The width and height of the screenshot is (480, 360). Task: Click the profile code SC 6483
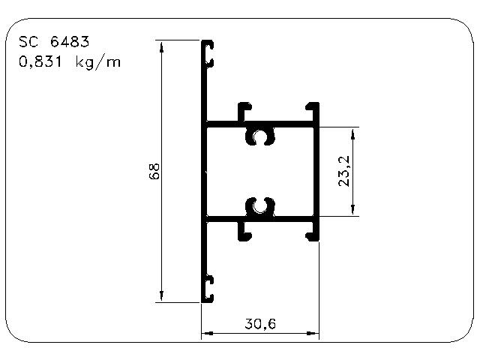[x=54, y=42]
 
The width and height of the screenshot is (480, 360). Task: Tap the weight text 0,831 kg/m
[x=70, y=62]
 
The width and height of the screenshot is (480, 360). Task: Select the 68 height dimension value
[x=154, y=171]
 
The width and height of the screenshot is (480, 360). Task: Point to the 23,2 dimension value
[x=344, y=171]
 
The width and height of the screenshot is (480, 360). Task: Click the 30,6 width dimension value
[x=260, y=323]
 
